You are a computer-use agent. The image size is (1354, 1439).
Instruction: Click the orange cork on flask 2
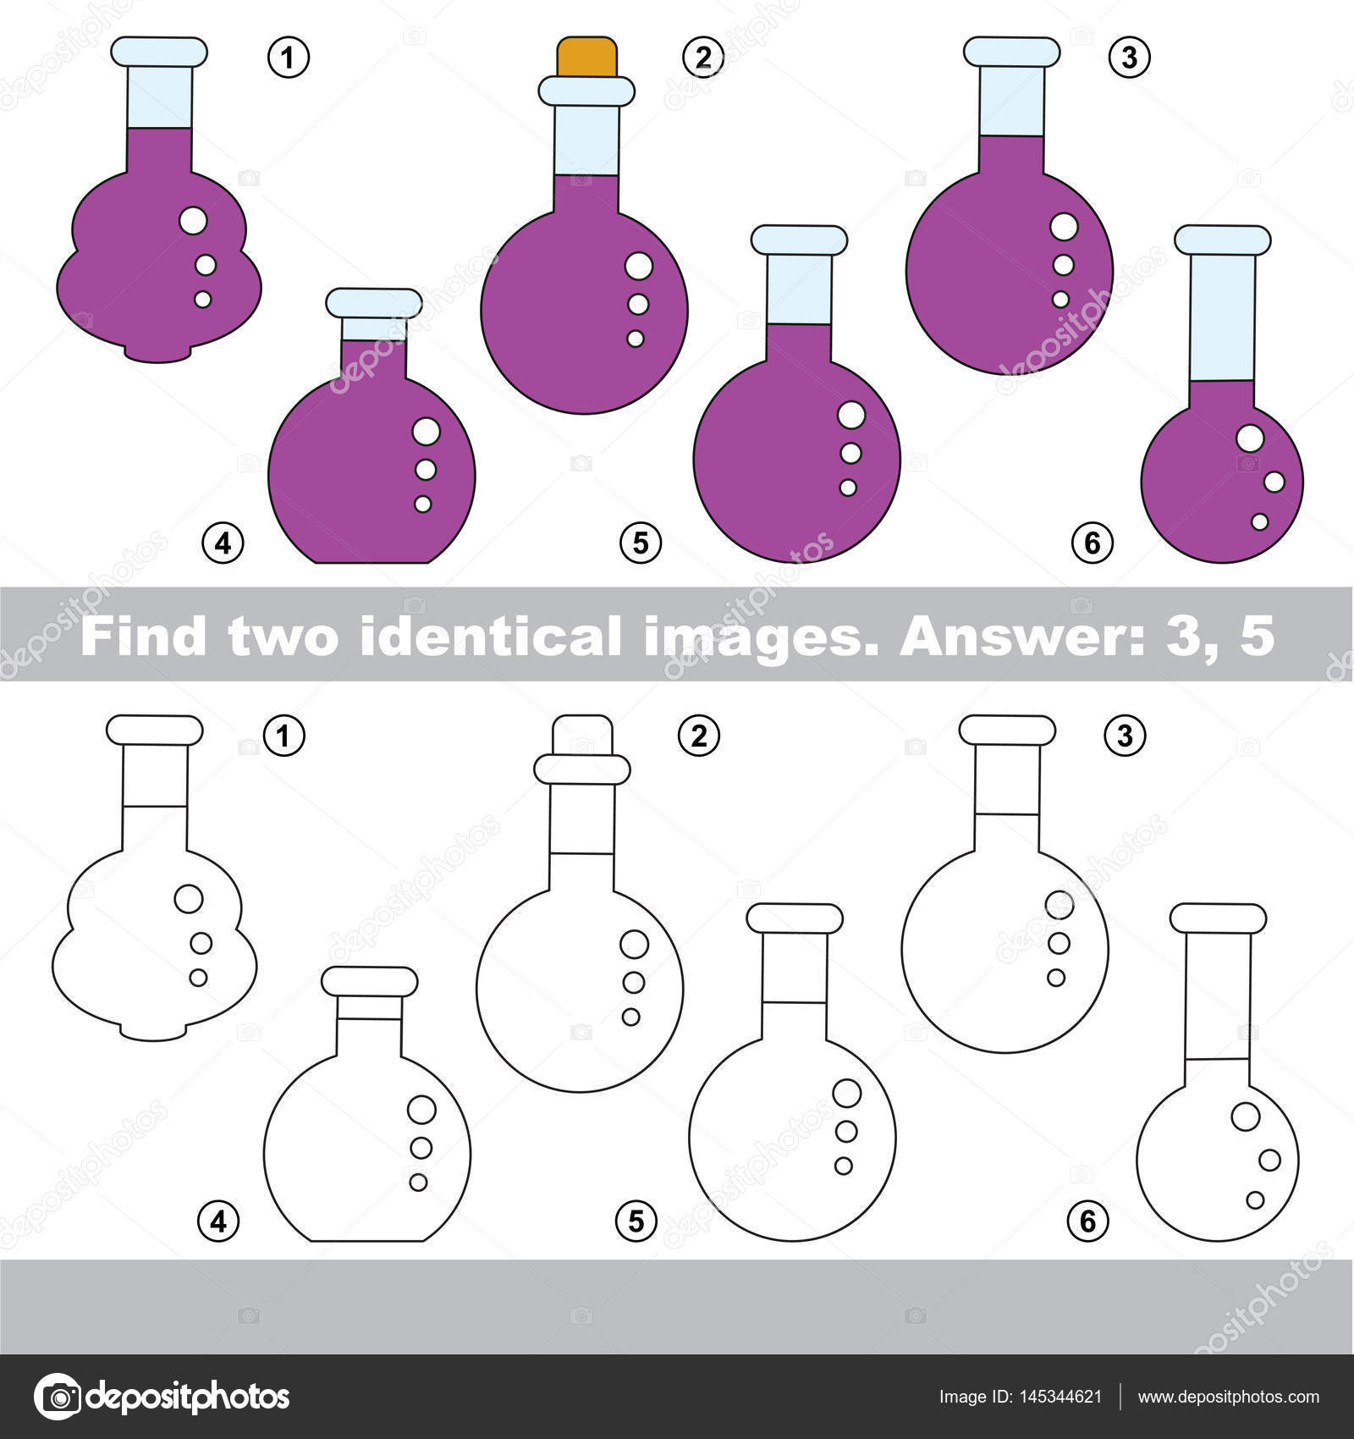[x=586, y=57]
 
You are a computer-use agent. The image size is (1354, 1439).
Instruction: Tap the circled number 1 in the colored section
[x=289, y=58]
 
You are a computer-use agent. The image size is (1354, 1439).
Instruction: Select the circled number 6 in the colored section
[x=1092, y=542]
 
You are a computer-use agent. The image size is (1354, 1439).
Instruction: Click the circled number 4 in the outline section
[x=218, y=1221]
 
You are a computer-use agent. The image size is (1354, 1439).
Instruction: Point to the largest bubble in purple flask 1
[x=194, y=220]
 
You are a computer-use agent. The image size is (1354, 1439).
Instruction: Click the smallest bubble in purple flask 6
[x=1259, y=521]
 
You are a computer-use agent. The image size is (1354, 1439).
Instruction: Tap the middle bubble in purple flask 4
[x=426, y=469]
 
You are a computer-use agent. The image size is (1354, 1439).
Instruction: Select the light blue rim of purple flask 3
[x=1011, y=52]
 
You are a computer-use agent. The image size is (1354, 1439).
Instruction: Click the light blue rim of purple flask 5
[x=799, y=240]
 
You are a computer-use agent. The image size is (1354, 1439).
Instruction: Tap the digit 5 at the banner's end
[x=1256, y=635]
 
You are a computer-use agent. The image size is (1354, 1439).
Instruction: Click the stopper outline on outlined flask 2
[x=582, y=734]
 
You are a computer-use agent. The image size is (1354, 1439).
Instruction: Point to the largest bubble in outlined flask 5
[x=846, y=1093]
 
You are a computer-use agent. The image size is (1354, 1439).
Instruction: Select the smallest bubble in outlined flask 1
[x=198, y=978]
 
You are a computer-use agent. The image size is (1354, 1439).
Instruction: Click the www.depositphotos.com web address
[x=1228, y=1397]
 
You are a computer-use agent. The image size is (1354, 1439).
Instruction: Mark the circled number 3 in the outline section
[x=1124, y=736]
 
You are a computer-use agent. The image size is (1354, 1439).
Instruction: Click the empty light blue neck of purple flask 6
[x=1221, y=317]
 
